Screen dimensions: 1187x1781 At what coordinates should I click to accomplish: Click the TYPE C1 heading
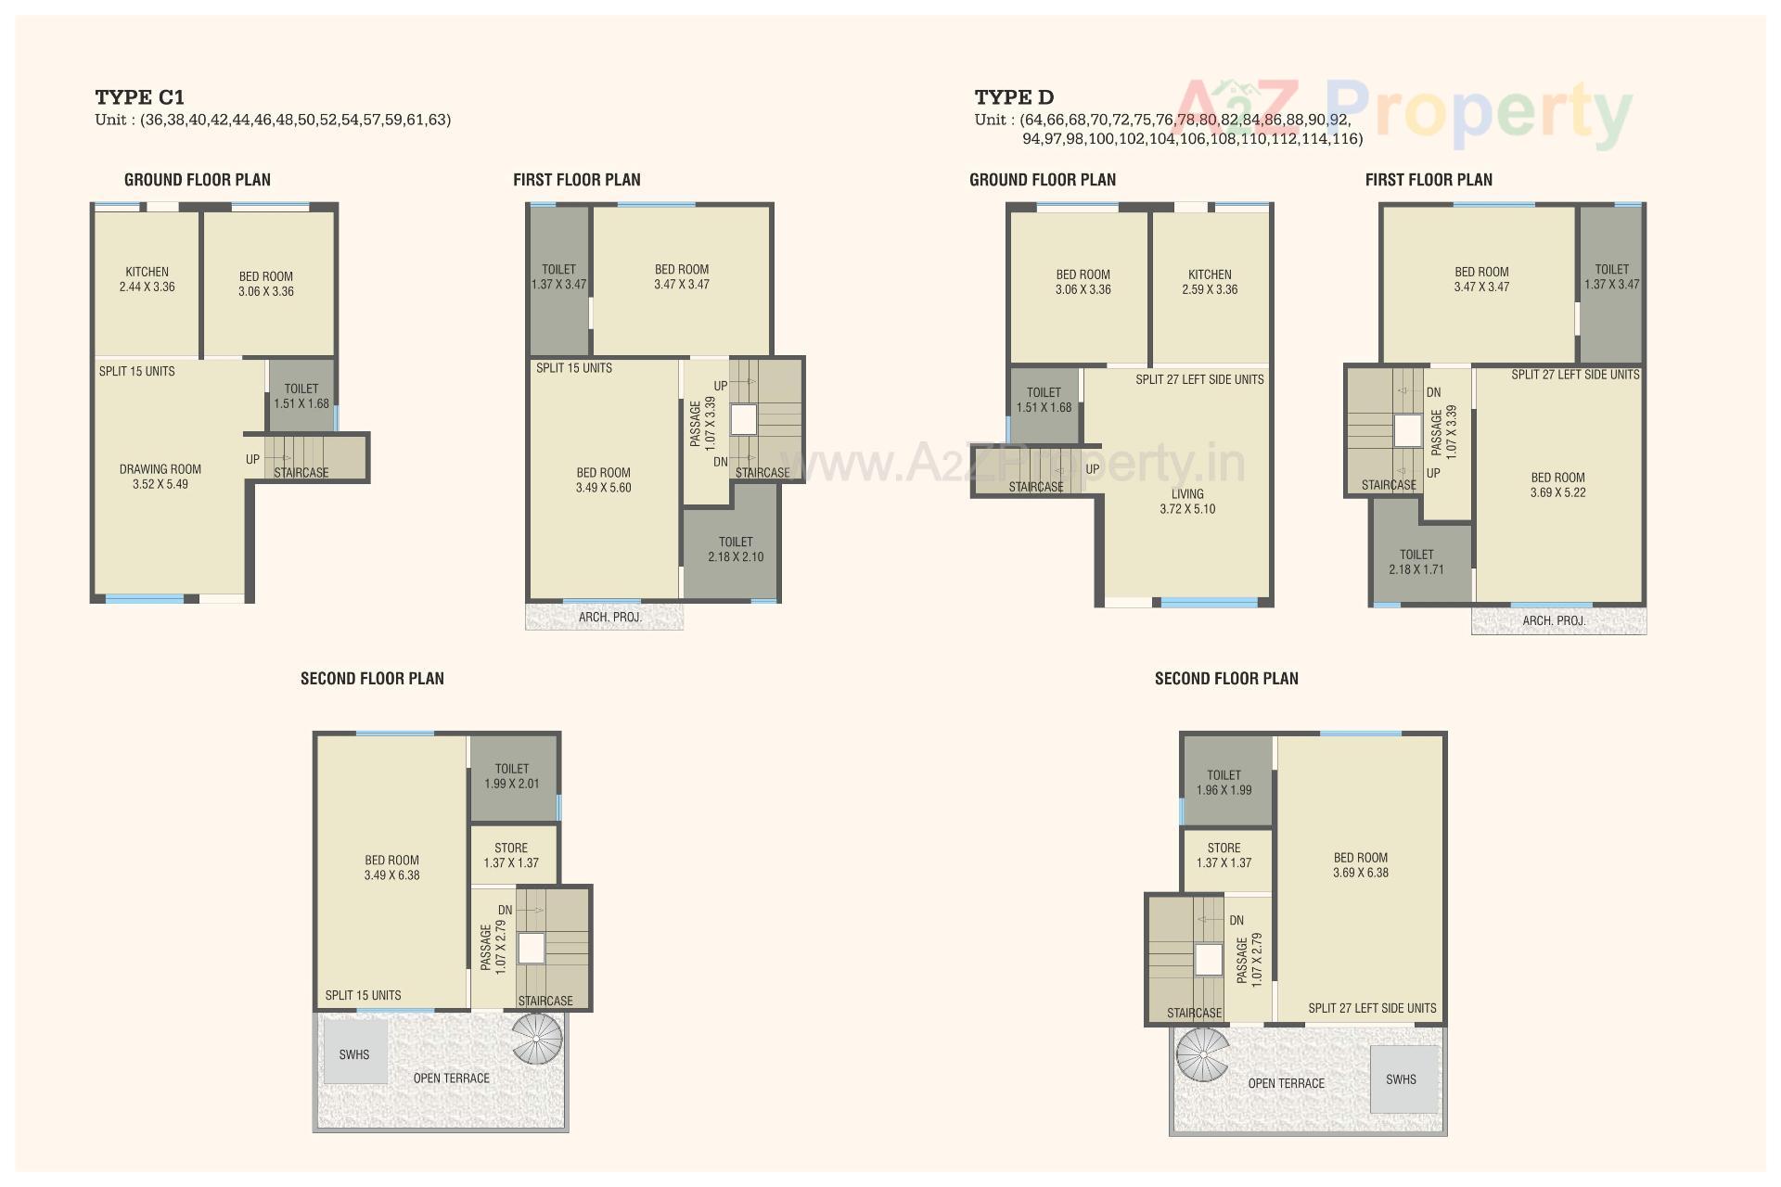click(x=139, y=97)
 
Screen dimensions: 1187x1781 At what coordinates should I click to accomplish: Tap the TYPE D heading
click(x=1014, y=97)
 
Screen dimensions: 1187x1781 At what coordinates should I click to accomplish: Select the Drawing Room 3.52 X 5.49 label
click(x=160, y=477)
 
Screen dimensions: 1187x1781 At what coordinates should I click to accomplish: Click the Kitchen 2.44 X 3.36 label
click(x=147, y=279)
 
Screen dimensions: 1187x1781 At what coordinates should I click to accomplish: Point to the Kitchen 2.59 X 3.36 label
click(x=1210, y=282)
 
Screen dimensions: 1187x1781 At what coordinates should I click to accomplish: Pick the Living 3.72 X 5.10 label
click(x=1187, y=502)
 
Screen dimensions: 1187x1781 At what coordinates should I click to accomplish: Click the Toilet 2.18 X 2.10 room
click(x=736, y=549)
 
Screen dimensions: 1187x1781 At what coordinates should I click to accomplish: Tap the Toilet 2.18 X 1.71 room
click(x=1416, y=562)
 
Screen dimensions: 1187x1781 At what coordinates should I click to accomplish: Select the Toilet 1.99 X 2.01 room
click(x=512, y=776)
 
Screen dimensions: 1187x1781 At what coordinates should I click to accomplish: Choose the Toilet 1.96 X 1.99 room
click(x=1224, y=782)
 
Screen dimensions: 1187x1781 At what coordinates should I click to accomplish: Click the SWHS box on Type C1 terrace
click(x=354, y=1054)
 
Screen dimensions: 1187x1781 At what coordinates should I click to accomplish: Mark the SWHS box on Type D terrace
click(x=1402, y=1079)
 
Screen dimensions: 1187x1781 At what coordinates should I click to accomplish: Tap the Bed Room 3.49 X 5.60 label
click(x=603, y=480)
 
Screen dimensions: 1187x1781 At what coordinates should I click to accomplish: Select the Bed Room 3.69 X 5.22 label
click(x=1557, y=485)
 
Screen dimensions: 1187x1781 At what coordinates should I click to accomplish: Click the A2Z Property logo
click(x=1403, y=112)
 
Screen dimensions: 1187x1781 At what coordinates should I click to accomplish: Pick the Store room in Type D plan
click(x=1224, y=855)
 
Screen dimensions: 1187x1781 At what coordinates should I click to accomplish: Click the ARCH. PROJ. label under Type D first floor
click(x=1554, y=620)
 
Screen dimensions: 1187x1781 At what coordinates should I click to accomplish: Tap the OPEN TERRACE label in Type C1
click(x=451, y=1078)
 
